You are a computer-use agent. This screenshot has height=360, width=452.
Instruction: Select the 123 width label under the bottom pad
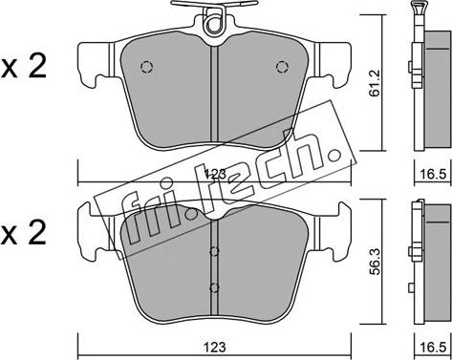[x=215, y=347]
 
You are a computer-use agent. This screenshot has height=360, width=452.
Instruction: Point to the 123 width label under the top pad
[x=215, y=174]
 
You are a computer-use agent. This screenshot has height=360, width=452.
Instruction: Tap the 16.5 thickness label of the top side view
[x=433, y=174]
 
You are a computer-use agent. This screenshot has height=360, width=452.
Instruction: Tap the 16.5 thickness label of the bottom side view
[x=433, y=347]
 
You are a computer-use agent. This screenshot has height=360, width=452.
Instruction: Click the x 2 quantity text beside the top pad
[x=24, y=66]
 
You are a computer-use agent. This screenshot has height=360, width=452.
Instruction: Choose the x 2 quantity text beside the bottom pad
[x=24, y=233]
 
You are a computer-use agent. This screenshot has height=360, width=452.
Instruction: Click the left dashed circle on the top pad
[x=146, y=67]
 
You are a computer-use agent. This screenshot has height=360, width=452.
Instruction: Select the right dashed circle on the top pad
[x=282, y=67]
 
